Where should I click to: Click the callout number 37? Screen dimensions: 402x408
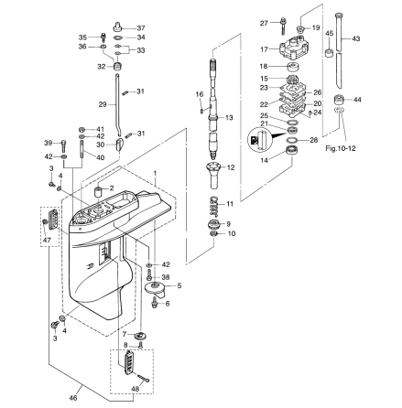(140, 28)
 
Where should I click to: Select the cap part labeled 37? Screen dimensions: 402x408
(118, 27)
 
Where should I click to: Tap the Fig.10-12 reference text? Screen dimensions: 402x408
(341, 148)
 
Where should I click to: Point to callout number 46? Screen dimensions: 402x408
(73, 398)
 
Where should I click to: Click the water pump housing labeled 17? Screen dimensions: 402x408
(293, 48)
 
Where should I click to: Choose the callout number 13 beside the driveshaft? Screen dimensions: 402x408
(229, 117)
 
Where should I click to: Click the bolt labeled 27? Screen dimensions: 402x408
(284, 26)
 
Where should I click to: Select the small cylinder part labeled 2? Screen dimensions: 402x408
(98, 192)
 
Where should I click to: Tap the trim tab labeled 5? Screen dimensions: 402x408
(158, 288)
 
